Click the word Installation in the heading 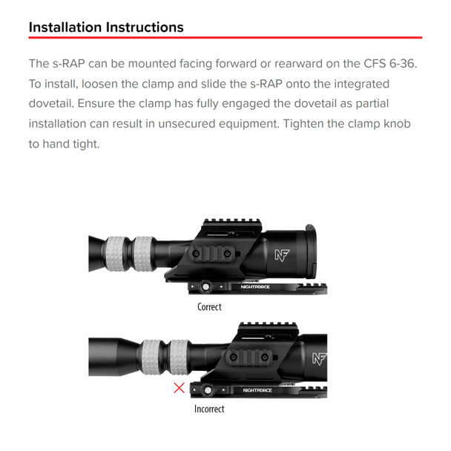coord(65,27)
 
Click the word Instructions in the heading coord(143,27)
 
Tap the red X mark coord(179,387)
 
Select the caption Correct coord(209,306)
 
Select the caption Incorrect coord(209,408)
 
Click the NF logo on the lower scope coord(319,360)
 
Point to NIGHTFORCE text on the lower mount coord(257,389)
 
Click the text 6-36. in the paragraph coord(401,64)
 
